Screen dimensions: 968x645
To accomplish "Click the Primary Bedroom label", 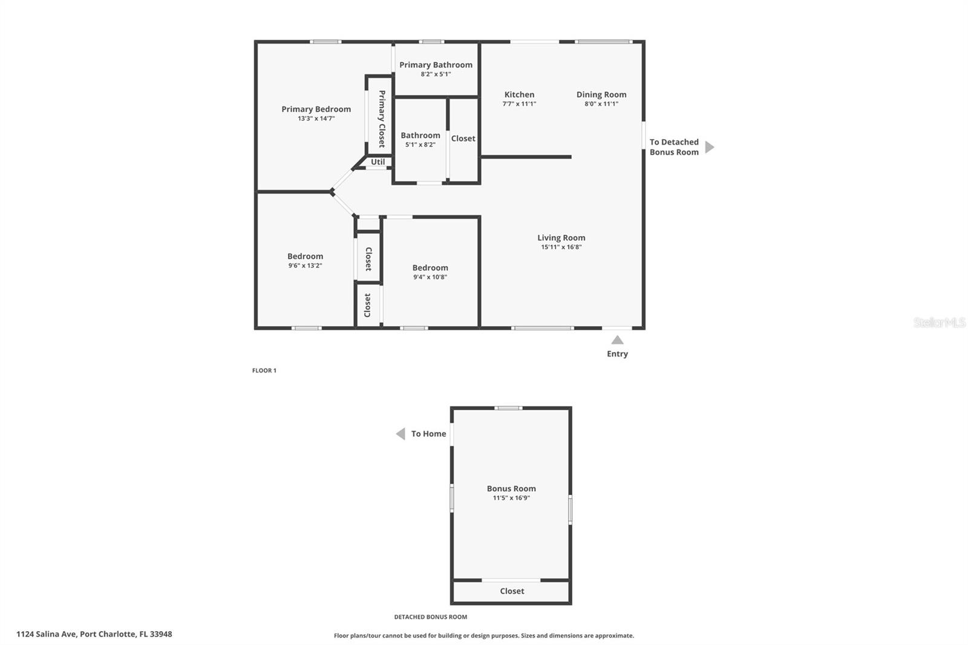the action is [316, 109].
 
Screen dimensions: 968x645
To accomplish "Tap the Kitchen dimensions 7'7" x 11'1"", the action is [519, 103].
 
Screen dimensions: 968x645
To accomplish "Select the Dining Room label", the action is [601, 94].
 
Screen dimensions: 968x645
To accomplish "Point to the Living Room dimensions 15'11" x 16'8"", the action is [561, 247].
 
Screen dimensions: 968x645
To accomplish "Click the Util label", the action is [378, 162].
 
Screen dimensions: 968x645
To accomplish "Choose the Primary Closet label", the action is [382, 119].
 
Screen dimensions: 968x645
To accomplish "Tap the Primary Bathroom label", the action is [436, 65].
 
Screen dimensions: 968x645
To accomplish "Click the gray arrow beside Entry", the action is [617, 340].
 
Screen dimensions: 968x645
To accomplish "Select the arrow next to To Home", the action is [401, 434].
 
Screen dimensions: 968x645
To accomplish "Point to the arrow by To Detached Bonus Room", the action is [710, 147].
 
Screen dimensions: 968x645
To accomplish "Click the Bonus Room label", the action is [511, 488].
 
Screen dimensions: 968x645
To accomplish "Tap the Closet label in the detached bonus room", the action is [512, 591].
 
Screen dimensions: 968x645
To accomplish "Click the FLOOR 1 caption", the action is [264, 370].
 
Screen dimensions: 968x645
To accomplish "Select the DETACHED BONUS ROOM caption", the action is [430, 617].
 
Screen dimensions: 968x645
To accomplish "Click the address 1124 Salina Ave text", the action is [46, 634].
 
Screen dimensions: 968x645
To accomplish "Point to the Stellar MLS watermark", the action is [940, 322].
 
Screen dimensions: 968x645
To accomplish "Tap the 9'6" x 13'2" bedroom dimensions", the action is [305, 266].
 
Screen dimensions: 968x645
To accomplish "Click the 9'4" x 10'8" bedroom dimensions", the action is [430, 277].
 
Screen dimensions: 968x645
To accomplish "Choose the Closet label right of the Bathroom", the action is [463, 139].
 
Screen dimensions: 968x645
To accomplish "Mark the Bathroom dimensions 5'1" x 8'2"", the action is [420, 145].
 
